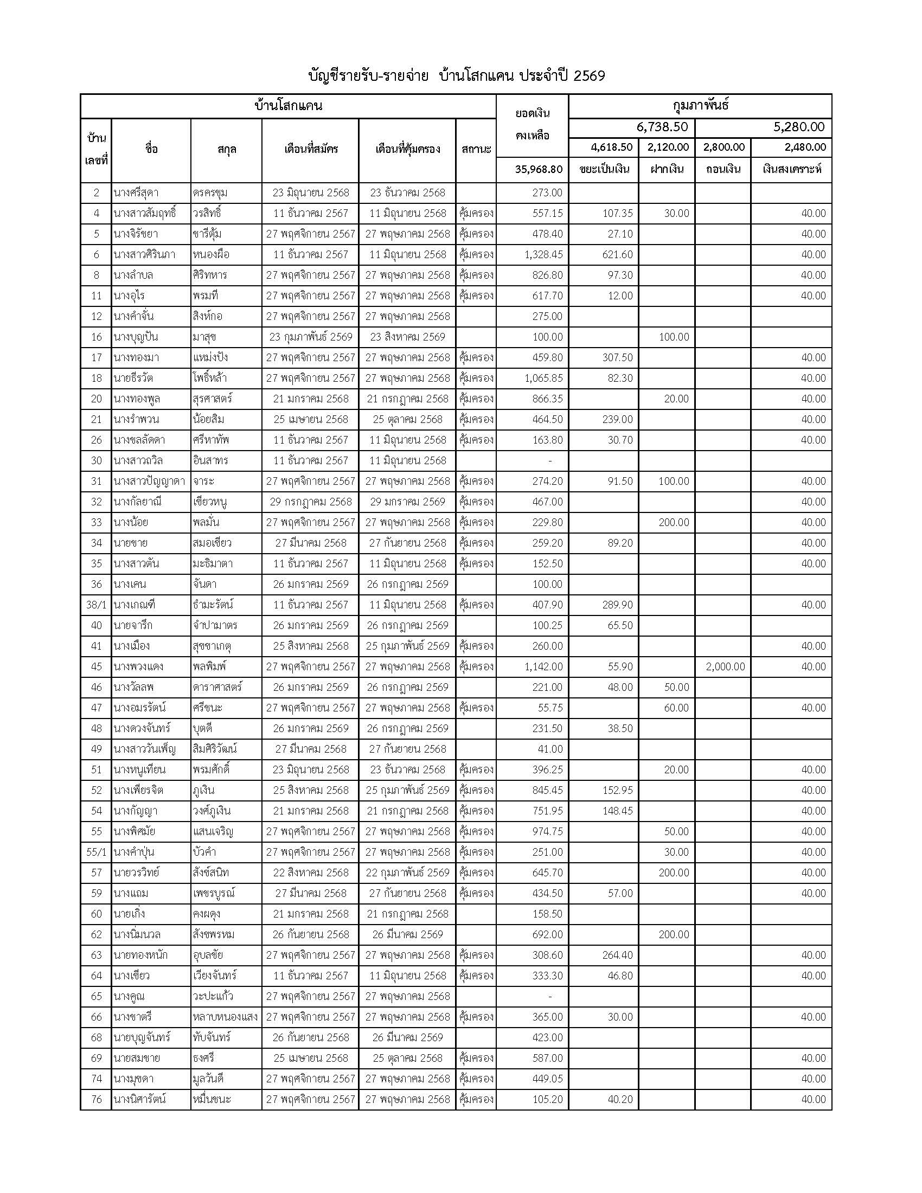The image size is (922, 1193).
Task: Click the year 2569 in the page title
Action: pyautogui.click(x=590, y=76)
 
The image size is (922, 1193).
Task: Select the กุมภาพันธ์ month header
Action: pyautogui.click(x=700, y=106)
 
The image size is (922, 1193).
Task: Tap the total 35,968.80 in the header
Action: pyautogui.click(x=539, y=169)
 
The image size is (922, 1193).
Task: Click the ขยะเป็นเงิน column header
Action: pyautogui.click(x=604, y=169)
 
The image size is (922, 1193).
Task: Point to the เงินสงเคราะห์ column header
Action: pyautogui.click(x=791, y=169)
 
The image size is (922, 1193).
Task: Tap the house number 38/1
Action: pyautogui.click(x=96, y=605)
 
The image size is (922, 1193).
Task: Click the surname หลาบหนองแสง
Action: pyautogui.click(x=225, y=1017)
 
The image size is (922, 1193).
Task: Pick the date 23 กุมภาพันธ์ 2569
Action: pyautogui.click(x=310, y=337)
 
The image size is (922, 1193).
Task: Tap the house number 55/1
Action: pyautogui.click(x=96, y=852)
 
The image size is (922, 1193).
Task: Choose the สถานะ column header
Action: pyautogui.click(x=476, y=149)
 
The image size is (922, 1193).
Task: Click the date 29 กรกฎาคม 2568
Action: pyautogui.click(x=310, y=502)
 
